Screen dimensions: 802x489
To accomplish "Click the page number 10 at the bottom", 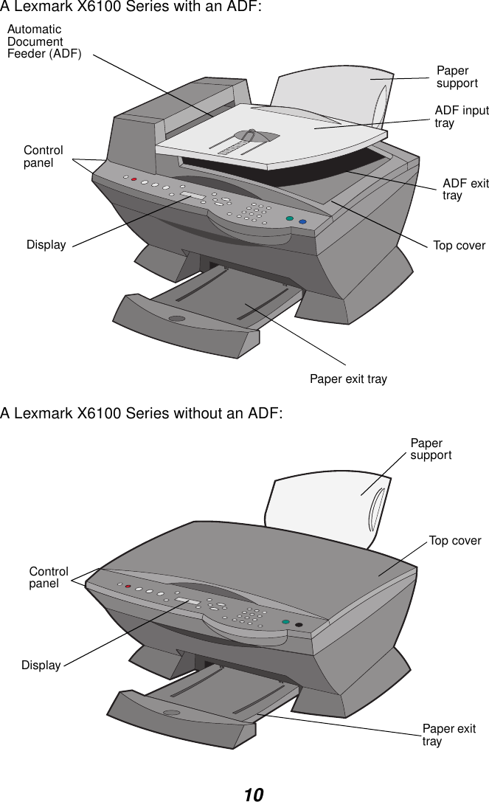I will click(x=253, y=795).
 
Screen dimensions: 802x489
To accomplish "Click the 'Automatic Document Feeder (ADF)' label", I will click(x=44, y=42).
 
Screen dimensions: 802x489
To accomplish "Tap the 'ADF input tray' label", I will click(x=461, y=117).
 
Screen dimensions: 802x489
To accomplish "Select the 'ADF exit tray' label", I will click(x=465, y=189).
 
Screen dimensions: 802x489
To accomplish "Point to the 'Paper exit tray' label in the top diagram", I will click(x=347, y=379).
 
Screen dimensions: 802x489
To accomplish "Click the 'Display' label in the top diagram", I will click(x=46, y=245).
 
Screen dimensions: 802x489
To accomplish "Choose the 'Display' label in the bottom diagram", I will click(x=41, y=666).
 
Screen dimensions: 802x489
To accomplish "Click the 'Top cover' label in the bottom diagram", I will click(x=454, y=541).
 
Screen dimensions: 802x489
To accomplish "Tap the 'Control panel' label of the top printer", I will click(x=44, y=156).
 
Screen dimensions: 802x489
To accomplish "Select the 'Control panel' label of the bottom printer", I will click(x=49, y=578).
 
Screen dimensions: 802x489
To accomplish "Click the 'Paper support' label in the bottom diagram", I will click(x=431, y=449).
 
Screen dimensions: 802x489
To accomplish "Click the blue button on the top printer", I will click(x=302, y=221).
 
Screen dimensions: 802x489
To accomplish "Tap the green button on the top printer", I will click(x=290, y=218).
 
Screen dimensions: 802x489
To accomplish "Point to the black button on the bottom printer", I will click(x=299, y=626).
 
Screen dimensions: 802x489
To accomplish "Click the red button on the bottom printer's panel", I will click(x=128, y=587).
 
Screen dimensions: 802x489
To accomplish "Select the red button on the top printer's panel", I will click(x=134, y=179).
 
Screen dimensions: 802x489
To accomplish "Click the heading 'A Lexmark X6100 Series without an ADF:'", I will click(x=142, y=413).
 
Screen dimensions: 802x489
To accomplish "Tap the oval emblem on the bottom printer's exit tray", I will click(x=172, y=713).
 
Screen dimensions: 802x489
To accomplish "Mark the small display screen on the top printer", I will click(x=194, y=195).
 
